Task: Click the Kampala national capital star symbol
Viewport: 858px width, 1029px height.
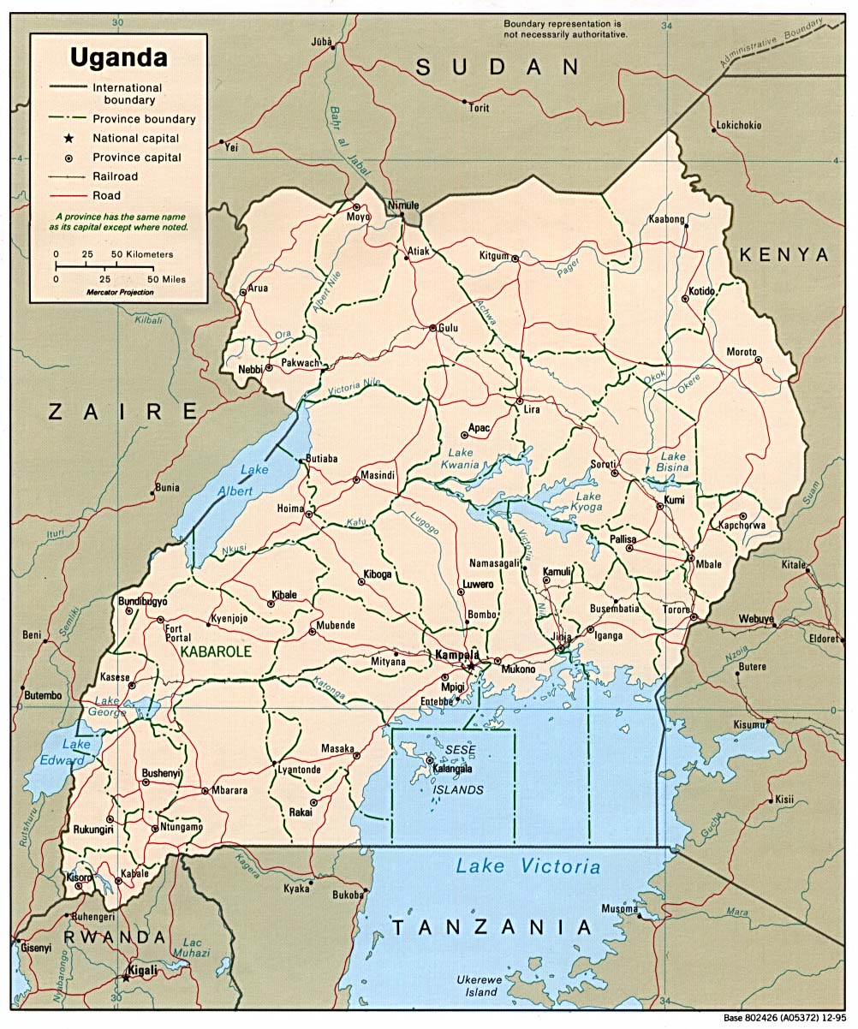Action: coord(469,666)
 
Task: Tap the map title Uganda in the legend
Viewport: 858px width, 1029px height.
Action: coord(119,58)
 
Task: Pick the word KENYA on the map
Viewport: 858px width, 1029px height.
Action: coord(784,254)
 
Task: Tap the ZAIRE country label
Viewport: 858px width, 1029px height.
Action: coord(122,412)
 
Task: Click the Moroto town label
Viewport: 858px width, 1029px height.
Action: coord(742,352)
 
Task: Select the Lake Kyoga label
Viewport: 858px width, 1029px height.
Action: coord(588,502)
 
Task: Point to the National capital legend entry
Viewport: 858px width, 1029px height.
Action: coord(136,138)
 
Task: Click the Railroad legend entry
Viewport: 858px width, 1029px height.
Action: coord(116,176)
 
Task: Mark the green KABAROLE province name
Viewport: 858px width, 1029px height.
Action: coord(216,651)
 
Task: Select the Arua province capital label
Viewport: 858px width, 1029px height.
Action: coord(258,288)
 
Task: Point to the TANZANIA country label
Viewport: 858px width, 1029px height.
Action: coord(492,926)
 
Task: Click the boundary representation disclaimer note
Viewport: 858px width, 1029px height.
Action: coord(565,29)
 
